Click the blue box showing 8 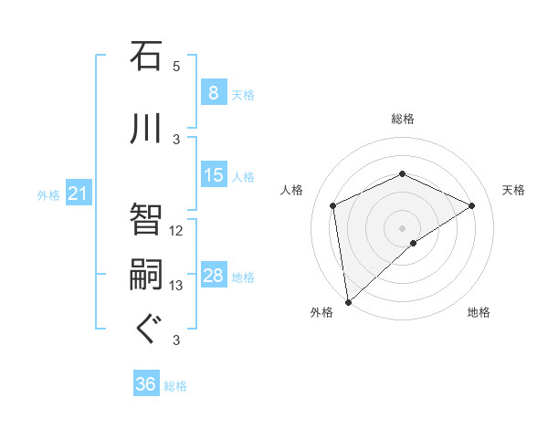tap(213, 92)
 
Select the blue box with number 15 tap(213, 174)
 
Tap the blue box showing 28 tap(213, 276)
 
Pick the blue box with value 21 tap(78, 194)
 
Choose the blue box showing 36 tap(145, 384)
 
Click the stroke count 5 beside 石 tap(176, 67)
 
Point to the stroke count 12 tap(176, 231)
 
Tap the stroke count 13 tap(176, 286)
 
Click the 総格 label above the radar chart tap(402, 120)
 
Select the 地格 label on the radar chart tap(479, 312)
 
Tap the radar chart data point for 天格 tap(472, 205)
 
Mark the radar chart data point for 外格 tap(347, 301)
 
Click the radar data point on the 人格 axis tap(333, 205)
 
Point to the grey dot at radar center tap(402, 227)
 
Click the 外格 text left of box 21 tap(48, 194)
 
